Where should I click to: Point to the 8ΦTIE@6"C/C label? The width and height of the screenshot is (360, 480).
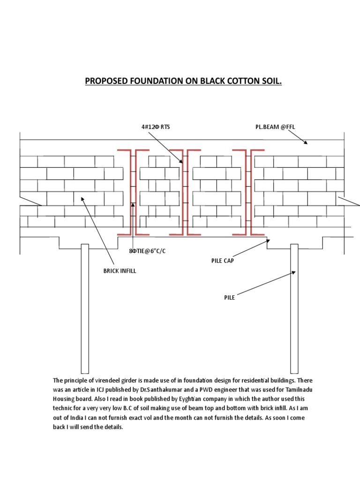click(x=147, y=251)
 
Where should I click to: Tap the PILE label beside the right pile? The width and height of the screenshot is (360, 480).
click(x=229, y=297)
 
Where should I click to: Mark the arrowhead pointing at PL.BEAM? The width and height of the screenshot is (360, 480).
click(x=306, y=142)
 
